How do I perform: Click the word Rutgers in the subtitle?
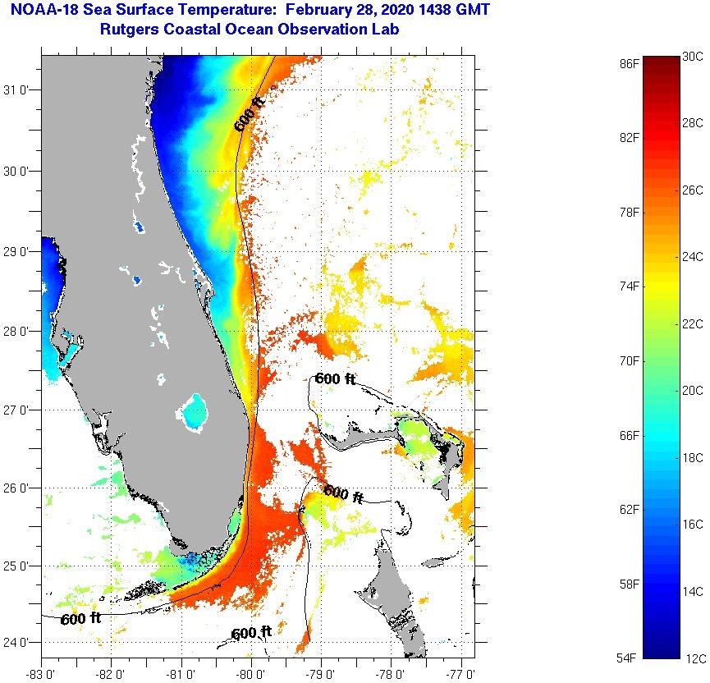click(x=131, y=30)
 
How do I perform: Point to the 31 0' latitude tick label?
click(x=19, y=91)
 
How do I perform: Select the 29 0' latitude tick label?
click(x=19, y=251)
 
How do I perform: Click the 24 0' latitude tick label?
click(x=19, y=643)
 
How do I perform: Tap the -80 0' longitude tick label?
click(x=251, y=674)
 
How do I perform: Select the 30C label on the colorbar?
click(x=693, y=57)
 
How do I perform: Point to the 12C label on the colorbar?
click(x=693, y=658)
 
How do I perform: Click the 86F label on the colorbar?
click(x=630, y=62)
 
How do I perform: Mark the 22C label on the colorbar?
click(x=693, y=324)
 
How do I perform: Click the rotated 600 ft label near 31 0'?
click(x=250, y=114)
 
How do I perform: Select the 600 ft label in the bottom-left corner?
click(x=81, y=618)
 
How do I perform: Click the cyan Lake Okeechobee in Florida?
click(x=195, y=413)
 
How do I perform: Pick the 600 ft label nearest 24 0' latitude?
click(x=251, y=633)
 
